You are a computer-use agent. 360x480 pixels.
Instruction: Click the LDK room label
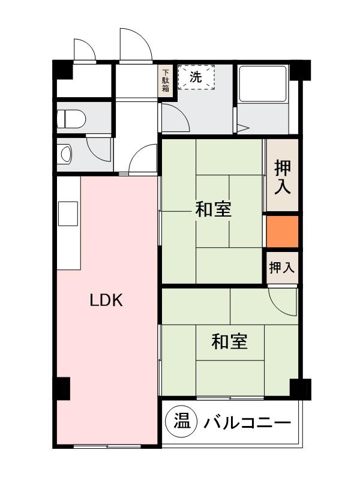tap(106, 300)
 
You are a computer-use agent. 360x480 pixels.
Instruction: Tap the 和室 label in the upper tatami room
tap(213, 210)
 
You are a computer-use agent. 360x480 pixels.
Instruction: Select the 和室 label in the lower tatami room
tap(229, 341)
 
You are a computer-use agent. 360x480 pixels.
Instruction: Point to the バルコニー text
tap(247, 424)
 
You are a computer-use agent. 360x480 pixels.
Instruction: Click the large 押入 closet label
tap(282, 176)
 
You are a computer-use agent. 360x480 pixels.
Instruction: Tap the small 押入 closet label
tap(281, 268)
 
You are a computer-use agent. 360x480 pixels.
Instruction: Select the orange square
tap(282, 232)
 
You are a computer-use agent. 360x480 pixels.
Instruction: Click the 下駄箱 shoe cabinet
tap(166, 81)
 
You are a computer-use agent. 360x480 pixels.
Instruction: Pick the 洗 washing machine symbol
tap(196, 77)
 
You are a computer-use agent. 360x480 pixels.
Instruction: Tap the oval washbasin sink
tap(65, 154)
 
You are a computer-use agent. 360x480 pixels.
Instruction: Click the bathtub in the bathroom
tap(263, 84)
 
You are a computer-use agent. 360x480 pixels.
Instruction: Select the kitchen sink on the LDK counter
tap(67, 213)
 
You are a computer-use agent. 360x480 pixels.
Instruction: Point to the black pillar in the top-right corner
tap(302, 70)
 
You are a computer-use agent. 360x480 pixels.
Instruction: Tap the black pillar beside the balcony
tap(299, 388)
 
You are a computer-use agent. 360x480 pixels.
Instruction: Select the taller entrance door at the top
tap(134, 45)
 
